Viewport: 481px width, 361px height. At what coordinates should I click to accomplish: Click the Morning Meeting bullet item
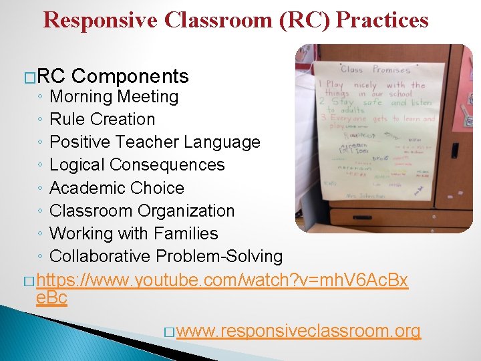point(114,97)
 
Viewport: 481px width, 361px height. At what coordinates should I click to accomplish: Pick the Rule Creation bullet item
point(102,120)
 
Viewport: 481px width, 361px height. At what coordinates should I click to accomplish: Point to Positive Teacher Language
point(155,142)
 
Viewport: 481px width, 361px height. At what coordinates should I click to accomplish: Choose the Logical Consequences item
point(137,165)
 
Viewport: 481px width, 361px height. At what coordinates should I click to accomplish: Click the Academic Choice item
point(117,188)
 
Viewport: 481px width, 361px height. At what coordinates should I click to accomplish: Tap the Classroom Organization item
point(142,211)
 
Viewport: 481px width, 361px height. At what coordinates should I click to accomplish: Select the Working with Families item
point(134,233)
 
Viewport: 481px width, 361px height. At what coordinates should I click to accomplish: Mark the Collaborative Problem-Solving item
point(166,256)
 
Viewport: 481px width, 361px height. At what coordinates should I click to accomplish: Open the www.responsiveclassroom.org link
point(299,331)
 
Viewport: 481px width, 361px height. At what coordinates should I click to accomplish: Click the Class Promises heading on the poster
point(373,70)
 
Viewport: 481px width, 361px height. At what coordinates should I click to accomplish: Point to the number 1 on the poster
point(321,84)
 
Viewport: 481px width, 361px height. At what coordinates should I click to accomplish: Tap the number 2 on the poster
point(321,102)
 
